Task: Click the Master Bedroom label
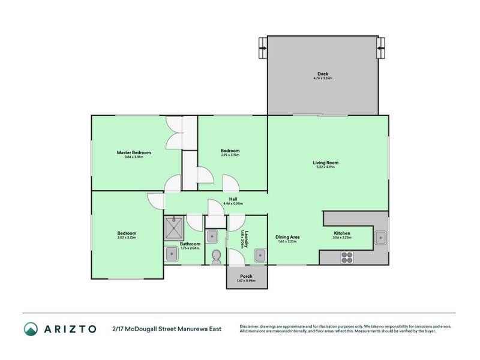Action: coord(133,152)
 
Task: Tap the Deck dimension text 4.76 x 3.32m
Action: coord(323,79)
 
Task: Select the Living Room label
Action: coord(326,163)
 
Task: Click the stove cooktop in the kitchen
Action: coord(347,257)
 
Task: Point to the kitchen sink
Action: coord(380,238)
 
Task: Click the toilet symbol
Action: coord(216,257)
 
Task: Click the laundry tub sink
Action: coord(259,256)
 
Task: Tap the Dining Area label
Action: coord(287,237)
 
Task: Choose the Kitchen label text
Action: coord(342,233)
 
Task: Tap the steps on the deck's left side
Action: coord(263,46)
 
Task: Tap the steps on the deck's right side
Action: coord(381,46)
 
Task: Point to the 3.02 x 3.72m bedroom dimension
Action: coord(127,238)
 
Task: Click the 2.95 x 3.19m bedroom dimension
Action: coord(230,155)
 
